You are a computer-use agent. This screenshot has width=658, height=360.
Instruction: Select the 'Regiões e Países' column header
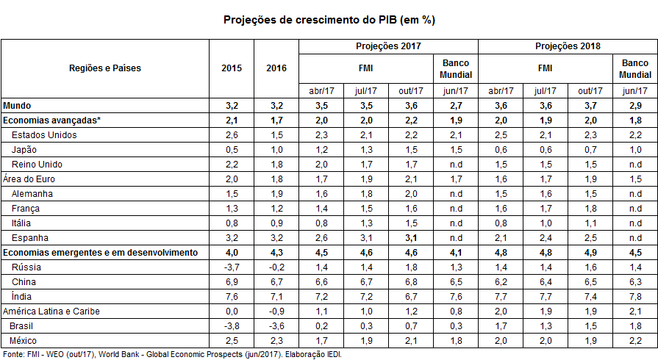[x=105, y=68]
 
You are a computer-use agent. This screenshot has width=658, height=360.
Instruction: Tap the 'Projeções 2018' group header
[x=568, y=46]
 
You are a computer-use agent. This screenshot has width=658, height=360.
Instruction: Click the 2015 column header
[x=232, y=68]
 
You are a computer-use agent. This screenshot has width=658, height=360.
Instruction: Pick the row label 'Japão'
[x=24, y=150]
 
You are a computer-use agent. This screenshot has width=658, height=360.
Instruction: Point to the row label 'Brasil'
[x=21, y=326]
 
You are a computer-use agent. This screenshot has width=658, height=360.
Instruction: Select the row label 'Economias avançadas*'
[x=51, y=120]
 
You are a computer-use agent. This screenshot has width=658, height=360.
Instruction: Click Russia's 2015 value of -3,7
[x=232, y=267]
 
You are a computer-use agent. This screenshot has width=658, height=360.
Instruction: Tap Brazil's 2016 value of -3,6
[x=276, y=326]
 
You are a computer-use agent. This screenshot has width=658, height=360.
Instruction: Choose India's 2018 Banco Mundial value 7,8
[x=635, y=297]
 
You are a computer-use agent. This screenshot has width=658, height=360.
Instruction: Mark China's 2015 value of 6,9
[x=232, y=282]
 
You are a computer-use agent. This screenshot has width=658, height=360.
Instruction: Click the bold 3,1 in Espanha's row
[x=411, y=238]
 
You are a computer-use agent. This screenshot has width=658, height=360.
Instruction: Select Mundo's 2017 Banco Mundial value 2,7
[x=456, y=106]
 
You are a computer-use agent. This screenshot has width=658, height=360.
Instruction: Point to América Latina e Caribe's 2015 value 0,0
[x=232, y=312]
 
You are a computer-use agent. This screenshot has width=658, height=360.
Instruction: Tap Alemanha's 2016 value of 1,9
[x=276, y=194]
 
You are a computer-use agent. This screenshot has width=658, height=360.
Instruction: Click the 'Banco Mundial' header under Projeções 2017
[x=456, y=69]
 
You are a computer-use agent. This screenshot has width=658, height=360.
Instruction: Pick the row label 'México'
[x=23, y=341]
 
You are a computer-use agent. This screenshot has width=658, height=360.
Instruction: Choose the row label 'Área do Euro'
[x=29, y=179]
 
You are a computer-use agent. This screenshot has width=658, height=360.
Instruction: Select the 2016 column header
[x=276, y=68]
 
